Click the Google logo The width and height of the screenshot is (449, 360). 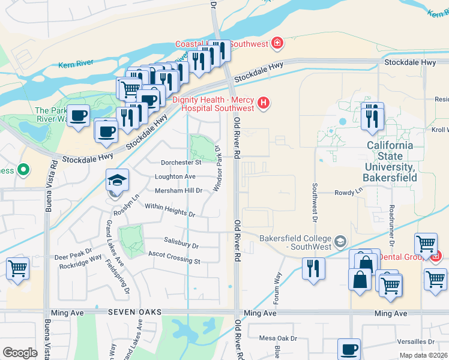[x=20, y=352]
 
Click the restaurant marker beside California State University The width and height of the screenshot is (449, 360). [x=372, y=116]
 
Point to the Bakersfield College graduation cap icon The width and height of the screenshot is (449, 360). [x=340, y=242]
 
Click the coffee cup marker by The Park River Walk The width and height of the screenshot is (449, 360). [x=77, y=115]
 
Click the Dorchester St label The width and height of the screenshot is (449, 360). [x=181, y=162]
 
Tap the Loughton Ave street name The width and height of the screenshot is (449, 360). [x=175, y=176]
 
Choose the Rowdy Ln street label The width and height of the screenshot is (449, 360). [x=349, y=193]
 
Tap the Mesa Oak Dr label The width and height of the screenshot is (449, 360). [x=278, y=338]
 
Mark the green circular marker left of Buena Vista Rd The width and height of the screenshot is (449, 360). [x=23, y=170]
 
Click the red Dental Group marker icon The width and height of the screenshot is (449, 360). [x=435, y=256]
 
